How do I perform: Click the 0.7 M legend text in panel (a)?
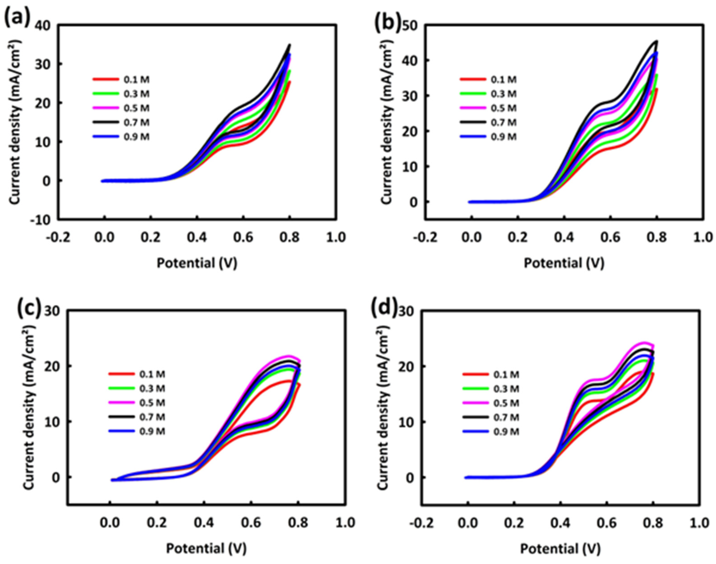click(x=136, y=122)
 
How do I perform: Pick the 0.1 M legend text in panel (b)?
click(x=503, y=80)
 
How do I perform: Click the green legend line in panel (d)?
click(x=475, y=389)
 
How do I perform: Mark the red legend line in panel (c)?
click(x=121, y=374)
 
